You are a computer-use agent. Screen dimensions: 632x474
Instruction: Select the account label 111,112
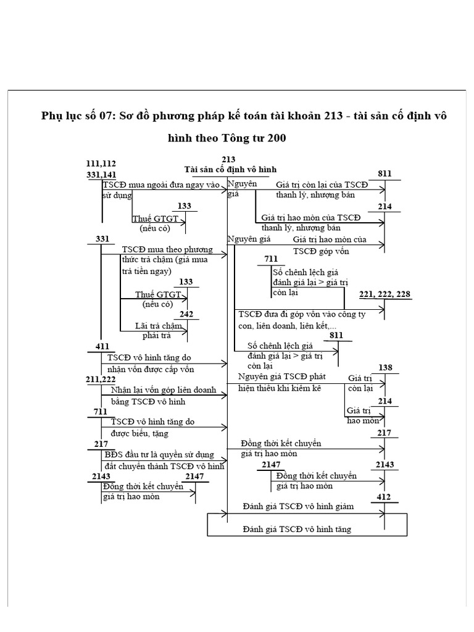click(x=102, y=164)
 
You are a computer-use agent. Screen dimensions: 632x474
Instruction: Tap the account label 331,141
click(x=102, y=175)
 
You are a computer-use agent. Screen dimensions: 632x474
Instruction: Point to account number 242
click(x=186, y=314)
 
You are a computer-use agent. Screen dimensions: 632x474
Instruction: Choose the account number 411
click(x=102, y=347)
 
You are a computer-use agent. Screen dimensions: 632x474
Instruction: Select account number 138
click(x=385, y=368)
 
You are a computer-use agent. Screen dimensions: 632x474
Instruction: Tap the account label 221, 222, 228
click(x=385, y=294)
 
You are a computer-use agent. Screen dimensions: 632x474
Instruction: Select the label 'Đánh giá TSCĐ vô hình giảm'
click(x=298, y=507)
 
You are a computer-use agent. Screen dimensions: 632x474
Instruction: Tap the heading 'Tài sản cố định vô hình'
click(x=231, y=169)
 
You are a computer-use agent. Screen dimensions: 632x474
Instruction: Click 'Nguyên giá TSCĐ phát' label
click(x=285, y=376)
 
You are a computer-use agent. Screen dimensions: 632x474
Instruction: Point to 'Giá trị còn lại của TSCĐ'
click(x=322, y=185)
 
